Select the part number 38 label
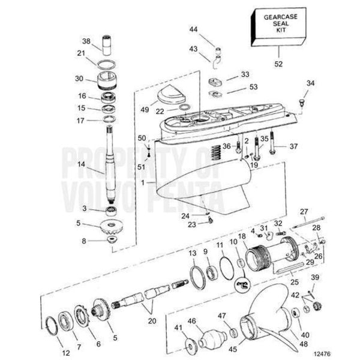click(x=87, y=41)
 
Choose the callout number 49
click(x=145, y=109)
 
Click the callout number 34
click(x=310, y=83)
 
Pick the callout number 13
click(x=192, y=254)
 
